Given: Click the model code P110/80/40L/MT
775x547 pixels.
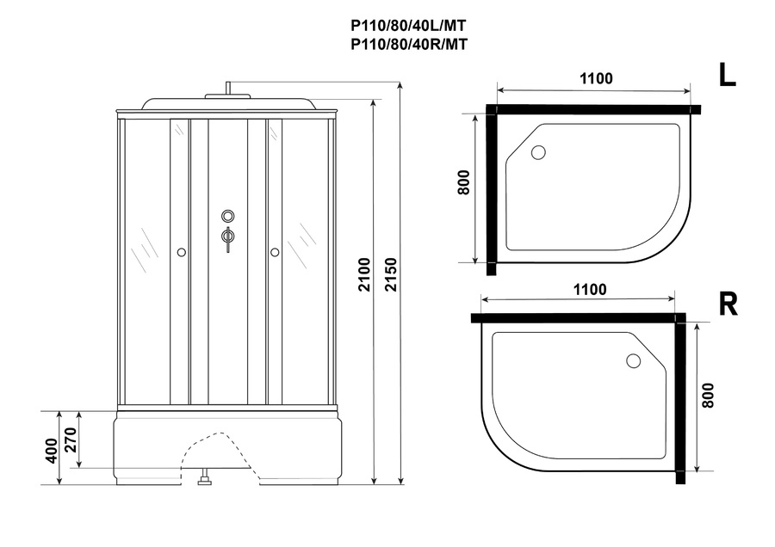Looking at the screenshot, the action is [x=408, y=25].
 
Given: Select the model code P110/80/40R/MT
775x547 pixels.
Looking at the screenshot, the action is [x=408, y=45].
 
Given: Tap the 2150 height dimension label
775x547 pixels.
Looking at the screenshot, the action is [x=391, y=274].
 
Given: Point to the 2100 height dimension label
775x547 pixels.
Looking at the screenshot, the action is [x=364, y=274].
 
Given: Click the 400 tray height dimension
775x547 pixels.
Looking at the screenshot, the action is [x=52, y=451].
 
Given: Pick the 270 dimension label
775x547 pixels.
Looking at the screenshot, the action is [x=71, y=439].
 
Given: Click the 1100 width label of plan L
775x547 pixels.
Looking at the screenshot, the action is [x=596, y=78].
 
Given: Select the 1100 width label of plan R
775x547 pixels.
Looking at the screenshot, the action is [x=590, y=289].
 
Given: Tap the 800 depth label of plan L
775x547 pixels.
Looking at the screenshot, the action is [x=463, y=182].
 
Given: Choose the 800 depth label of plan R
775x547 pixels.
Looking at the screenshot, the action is [x=708, y=395].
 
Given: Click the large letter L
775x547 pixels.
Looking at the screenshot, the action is [x=727, y=76].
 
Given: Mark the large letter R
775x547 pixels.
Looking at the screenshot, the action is [x=728, y=304].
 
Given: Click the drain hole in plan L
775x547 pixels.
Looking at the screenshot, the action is [x=538, y=151].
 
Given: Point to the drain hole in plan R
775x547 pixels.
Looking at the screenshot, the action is [x=633, y=361].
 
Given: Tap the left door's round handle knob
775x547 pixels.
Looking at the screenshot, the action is [x=182, y=252].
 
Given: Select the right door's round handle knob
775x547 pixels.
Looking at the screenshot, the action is [x=275, y=252].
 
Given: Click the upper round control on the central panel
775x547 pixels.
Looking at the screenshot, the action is [x=228, y=216].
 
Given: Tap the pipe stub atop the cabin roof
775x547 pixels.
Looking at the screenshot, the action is [x=228, y=88].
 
